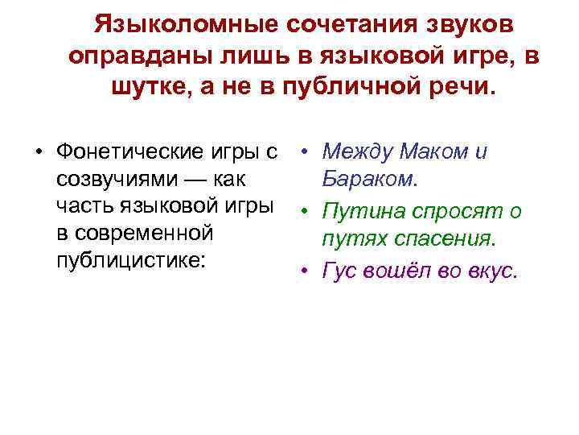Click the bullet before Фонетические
point(38,151)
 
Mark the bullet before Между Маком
point(307,151)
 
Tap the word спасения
point(450,239)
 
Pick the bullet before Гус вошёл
point(307,271)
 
